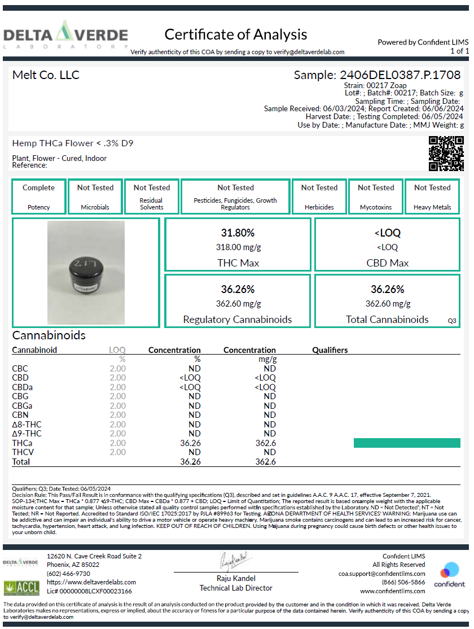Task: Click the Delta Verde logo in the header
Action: tap(65, 35)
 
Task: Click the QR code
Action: tap(446, 154)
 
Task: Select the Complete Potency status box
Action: tap(38, 196)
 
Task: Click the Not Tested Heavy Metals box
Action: tap(432, 196)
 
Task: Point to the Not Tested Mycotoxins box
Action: tap(376, 196)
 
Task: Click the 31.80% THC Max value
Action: tap(237, 233)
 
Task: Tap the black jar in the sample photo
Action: tap(86, 271)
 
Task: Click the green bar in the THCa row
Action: tap(407, 443)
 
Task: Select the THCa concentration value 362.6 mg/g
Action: tap(265, 443)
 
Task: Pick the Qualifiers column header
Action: tap(330, 350)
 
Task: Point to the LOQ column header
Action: tap(117, 350)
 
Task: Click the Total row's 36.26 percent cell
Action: tap(191, 462)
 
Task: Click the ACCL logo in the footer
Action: tap(21, 587)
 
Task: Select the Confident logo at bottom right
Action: tap(449, 574)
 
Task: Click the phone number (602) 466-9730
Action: tap(68, 574)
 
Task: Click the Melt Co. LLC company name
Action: tap(46, 75)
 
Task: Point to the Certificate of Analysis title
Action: tap(236, 34)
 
